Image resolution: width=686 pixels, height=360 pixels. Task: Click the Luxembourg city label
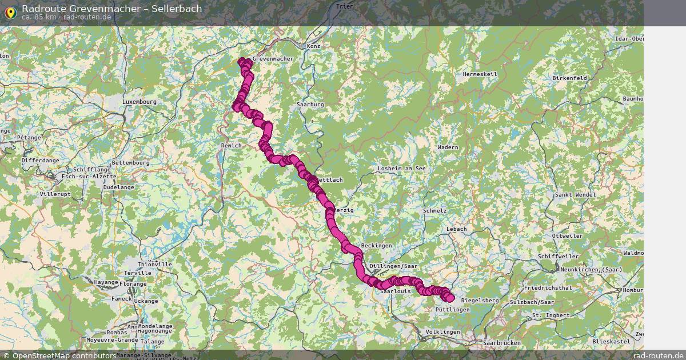pos(139,102)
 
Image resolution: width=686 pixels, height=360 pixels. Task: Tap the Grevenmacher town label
pos(273,59)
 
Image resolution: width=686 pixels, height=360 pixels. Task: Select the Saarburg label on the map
pos(310,105)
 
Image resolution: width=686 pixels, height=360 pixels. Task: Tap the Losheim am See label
pos(402,169)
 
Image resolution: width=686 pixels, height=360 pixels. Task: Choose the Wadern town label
pos(448,147)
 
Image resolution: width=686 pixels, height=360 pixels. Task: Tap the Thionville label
pos(139,265)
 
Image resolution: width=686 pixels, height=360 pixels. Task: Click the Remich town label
pos(231,146)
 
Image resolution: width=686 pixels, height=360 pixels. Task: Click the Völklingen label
pos(442,332)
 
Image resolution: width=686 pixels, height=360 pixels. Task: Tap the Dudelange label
pos(119,187)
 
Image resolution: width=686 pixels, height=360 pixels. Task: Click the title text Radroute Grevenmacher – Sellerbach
pos(111,9)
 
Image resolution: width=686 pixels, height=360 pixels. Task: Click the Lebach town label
pos(457,229)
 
